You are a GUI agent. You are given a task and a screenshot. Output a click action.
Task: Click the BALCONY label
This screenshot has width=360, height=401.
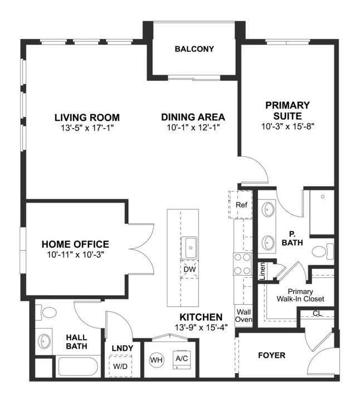point(194,49)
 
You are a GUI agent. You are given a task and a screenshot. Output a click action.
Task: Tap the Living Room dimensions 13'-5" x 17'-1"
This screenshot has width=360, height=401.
point(87,128)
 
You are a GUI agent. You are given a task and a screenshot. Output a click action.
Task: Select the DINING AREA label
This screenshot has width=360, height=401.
point(193,117)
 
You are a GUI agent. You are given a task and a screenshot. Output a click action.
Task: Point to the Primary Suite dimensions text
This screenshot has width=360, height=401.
point(288,126)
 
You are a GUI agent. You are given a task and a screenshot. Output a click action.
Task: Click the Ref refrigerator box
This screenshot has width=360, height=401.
point(240,204)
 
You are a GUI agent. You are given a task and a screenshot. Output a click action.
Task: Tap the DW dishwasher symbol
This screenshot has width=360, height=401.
point(189,270)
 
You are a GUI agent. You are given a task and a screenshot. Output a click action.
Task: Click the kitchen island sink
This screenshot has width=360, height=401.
point(189,248)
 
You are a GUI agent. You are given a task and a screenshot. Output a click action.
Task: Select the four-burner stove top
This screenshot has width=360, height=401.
point(242,264)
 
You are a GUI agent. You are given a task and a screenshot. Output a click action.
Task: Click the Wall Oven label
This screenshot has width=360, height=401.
point(244,316)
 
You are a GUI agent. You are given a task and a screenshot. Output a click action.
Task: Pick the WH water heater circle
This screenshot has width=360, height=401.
point(157,360)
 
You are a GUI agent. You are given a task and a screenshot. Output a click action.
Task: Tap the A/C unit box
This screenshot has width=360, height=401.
point(182,359)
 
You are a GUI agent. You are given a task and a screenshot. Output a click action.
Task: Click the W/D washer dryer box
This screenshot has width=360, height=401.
point(120,366)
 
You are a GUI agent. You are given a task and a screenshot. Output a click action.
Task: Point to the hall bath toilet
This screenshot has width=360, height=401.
point(46,312)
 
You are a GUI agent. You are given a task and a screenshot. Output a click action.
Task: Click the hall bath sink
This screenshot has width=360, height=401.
point(45,341)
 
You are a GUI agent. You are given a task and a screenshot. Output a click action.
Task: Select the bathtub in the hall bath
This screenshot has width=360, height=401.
point(78,366)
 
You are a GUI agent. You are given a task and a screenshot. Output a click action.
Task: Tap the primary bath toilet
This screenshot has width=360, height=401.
point(323,252)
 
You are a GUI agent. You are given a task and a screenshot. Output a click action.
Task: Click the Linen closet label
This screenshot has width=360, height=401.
point(262,271)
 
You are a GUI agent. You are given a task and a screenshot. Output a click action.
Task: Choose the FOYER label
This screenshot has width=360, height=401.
point(271,355)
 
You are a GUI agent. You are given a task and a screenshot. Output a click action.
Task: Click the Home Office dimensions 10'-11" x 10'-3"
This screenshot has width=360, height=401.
point(75,255)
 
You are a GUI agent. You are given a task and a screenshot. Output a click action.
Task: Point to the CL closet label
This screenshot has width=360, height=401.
point(317,313)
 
